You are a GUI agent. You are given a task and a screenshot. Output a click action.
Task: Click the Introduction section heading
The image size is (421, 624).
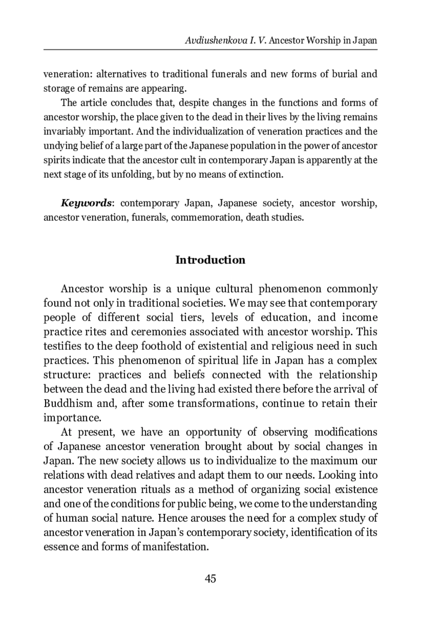point(210,260)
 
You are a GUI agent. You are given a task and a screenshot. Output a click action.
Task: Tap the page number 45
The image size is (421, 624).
point(210,579)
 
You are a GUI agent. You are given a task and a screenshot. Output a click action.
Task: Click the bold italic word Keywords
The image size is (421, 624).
point(86,203)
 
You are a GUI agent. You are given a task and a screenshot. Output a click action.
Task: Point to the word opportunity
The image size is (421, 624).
point(213,432)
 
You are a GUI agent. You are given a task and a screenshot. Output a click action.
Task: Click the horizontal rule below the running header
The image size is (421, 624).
point(210,50)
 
